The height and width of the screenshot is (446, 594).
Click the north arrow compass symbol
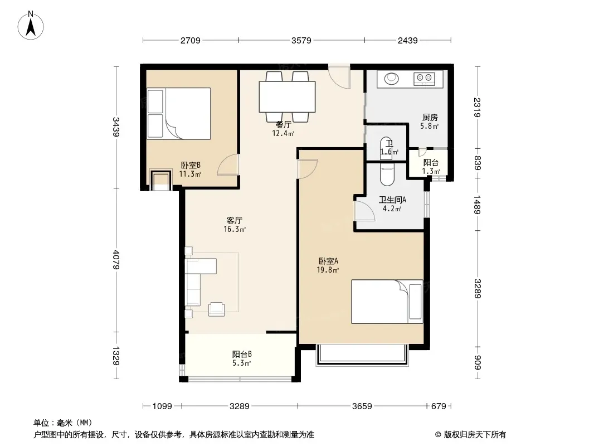(x=31, y=26)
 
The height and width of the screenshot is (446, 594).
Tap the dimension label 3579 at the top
(x=301, y=40)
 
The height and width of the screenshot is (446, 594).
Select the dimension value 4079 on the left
(x=116, y=260)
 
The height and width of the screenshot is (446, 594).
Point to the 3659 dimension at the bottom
(x=362, y=406)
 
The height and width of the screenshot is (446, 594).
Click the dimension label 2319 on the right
(x=477, y=108)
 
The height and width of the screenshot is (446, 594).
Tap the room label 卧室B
(x=191, y=165)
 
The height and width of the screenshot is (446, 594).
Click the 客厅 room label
(x=235, y=221)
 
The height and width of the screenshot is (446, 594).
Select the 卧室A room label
(x=328, y=261)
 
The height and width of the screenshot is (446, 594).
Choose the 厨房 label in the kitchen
(x=430, y=118)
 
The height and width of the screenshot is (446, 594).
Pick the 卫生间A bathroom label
(x=392, y=200)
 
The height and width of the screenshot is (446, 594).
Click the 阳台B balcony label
(x=242, y=355)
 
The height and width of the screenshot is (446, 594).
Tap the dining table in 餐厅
(x=287, y=96)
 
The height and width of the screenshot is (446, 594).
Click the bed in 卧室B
(x=179, y=114)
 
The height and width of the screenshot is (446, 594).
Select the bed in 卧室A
(x=387, y=302)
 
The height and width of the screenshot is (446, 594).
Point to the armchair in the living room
(x=216, y=309)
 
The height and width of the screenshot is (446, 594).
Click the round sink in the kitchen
(x=391, y=79)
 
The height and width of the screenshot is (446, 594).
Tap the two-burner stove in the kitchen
(x=424, y=79)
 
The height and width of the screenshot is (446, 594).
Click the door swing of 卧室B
(x=228, y=165)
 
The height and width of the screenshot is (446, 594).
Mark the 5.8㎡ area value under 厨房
(x=429, y=126)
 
